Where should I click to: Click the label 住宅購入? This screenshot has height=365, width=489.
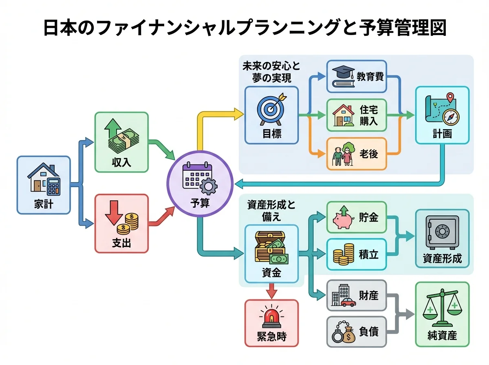[x=369, y=115]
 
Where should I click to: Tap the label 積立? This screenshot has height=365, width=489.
[x=369, y=255]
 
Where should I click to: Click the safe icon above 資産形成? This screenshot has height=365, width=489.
[x=441, y=232]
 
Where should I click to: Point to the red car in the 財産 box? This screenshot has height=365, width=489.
[x=348, y=302]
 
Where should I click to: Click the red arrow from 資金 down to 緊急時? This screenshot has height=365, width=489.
[x=271, y=290]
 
